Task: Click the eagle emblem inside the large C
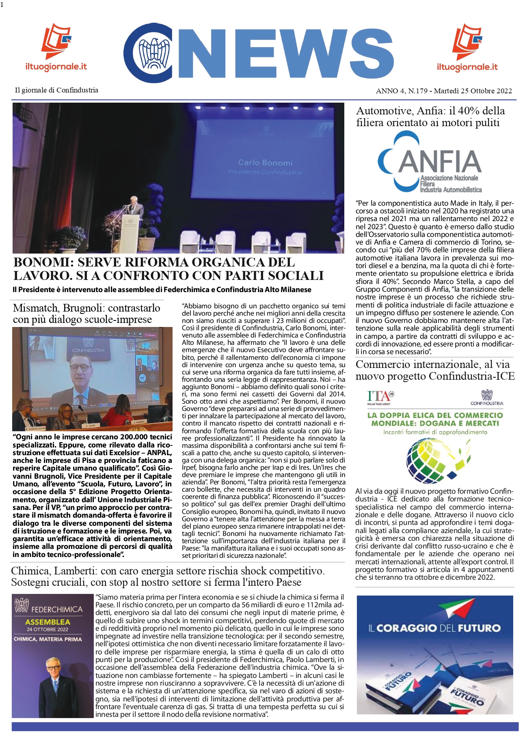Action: click(154, 53)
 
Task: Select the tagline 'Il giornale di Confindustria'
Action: click(56, 90)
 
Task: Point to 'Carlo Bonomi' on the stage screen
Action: click(265, 163)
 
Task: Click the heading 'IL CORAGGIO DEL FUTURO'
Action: click(434, 628)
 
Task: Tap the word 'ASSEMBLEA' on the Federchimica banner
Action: click(48, 622)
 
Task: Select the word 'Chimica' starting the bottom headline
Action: click(30, 571)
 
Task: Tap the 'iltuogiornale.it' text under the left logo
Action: click(56, 67)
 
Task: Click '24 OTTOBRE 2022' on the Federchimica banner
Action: click(48, 630)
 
